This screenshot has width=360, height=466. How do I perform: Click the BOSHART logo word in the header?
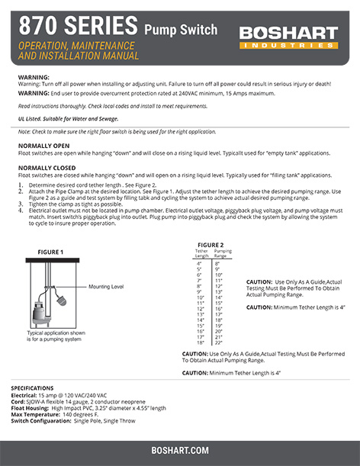pos(288,33)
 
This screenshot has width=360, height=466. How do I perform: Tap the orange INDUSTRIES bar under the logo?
pos(288,46)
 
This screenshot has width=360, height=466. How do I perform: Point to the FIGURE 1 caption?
pos(50,252)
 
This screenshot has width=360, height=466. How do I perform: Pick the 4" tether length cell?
pos(199,263)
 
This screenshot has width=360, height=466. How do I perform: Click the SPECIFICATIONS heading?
pos(32,387)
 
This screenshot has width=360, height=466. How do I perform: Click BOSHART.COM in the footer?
pos(180,451)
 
